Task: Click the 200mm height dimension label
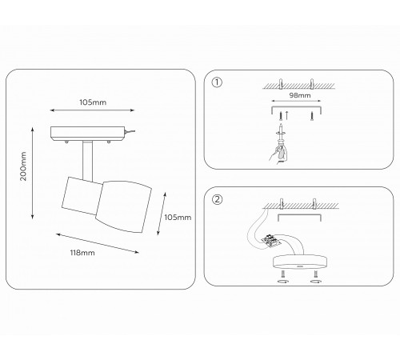(x=23, y=166)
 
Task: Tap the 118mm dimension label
(x=82, y=253)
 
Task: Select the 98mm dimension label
(x=300, y=95)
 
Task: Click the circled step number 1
(x=217, y=82)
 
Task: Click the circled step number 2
(x=217, y=199)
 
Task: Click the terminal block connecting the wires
(x=271, y=241)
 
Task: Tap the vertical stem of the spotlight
(x=87, y=160)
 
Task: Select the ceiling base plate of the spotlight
(x=87, y=134)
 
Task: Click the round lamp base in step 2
(x=299, y=262)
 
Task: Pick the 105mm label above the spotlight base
(x=93, y=102)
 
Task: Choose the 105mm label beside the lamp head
(x=178, y=218)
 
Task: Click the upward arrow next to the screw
(x=286, y=115)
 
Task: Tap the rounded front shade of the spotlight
(x=124, y=206)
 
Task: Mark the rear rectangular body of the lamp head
(x=82, y=196)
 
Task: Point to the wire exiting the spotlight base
(x=130, y=131)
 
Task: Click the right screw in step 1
(x=312, y=116)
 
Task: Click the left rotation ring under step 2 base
(x=283, y=281)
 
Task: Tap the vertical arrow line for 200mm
(x=33, y=173)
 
